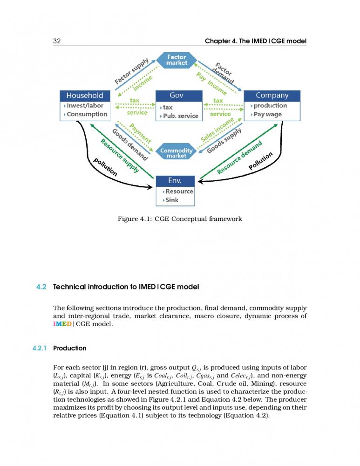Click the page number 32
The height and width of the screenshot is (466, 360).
tap(57, 41)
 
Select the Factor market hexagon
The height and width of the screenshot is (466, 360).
tap(177, 60)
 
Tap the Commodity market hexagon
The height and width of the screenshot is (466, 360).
tap(176, 153)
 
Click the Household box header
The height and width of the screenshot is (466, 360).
tap(85, 96)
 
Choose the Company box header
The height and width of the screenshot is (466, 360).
tap(272, 96)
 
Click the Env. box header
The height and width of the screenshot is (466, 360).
tap(175, 180)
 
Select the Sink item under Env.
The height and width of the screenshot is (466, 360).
tap(172, 200)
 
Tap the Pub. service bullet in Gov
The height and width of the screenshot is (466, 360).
tap(180, 116)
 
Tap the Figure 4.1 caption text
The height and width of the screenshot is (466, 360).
tap(180, 219)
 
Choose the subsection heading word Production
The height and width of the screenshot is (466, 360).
tap(70, 348)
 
